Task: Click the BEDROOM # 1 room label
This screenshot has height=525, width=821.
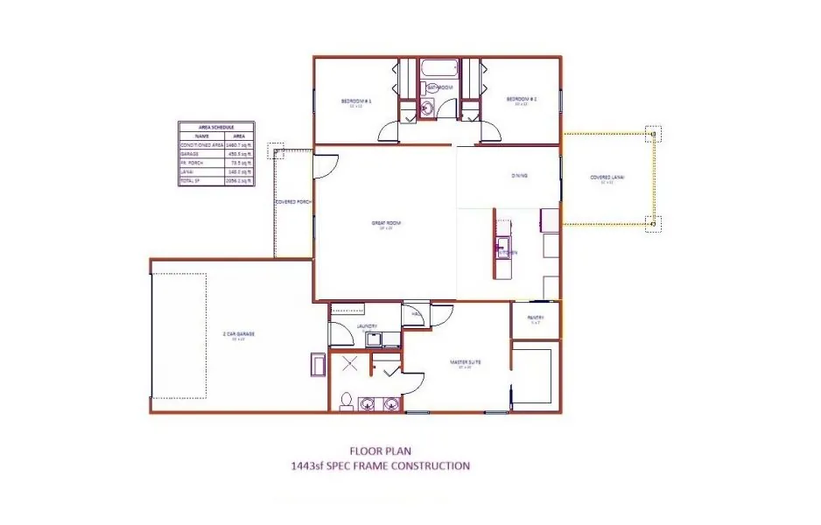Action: [x=356, y=101]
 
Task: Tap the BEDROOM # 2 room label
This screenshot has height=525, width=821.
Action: [x=521, y=100]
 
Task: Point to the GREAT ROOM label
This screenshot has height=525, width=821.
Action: [x=385, y=224]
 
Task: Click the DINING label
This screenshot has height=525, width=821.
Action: [x=519, y=176]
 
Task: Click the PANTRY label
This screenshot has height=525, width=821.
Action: [x=536, y=318]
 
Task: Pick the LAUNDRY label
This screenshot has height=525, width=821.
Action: [x=368, y=326]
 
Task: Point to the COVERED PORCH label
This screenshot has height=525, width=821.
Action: [x=293, y=202]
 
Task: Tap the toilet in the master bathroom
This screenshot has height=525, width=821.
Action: [x=347, y=402]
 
